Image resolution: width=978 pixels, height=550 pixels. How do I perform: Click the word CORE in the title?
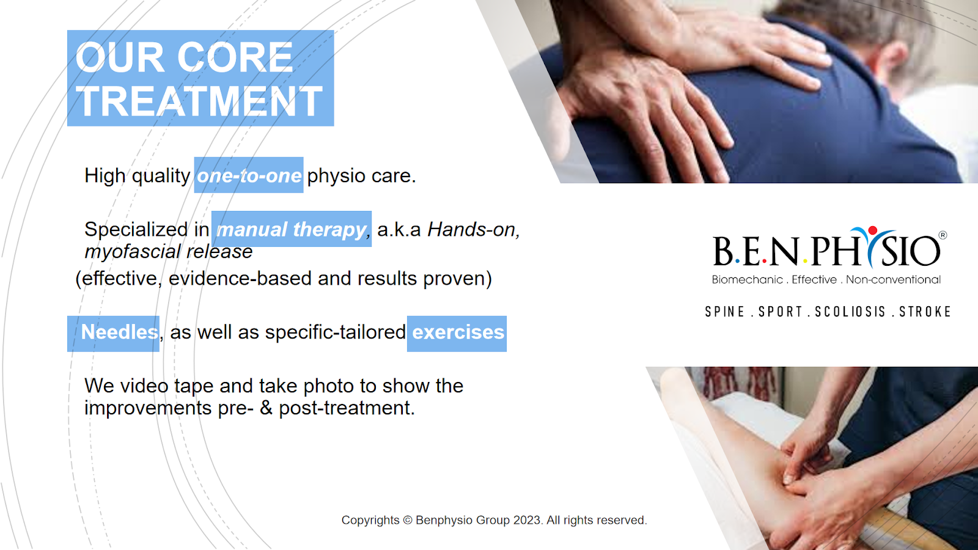235,57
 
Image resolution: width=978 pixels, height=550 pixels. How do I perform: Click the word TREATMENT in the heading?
199,101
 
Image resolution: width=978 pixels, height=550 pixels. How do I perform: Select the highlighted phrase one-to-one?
249,175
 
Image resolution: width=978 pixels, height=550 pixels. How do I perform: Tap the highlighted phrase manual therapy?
291,230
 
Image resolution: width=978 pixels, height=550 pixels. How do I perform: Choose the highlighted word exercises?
458,332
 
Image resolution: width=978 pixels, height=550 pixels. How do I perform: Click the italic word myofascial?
132,252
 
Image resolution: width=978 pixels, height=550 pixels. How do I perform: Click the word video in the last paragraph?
144,386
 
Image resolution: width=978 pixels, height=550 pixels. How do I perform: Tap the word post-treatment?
347,408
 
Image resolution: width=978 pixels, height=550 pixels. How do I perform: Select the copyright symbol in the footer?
407,520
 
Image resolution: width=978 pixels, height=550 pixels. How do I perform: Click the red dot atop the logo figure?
872,230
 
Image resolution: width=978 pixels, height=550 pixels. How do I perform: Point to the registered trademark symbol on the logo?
943,235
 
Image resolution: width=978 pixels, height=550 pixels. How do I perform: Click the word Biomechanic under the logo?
747,280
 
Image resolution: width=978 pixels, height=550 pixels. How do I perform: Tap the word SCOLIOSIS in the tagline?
850,312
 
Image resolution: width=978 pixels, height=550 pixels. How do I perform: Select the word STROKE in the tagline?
925,312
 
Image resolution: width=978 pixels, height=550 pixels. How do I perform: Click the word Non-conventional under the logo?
893,280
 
